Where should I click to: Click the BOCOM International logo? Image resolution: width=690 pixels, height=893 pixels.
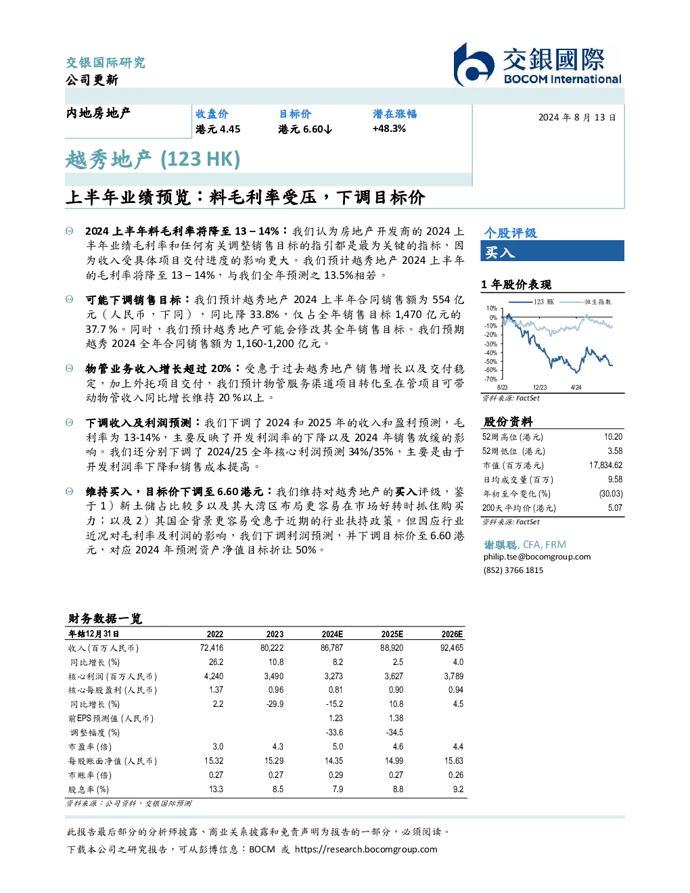(x=538, y=64)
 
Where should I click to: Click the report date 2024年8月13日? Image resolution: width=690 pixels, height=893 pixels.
(x=577, y=118)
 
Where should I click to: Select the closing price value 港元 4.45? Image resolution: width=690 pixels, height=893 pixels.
(x=218, y=129)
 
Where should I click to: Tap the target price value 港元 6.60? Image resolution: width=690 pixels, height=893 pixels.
(x=304, y=129)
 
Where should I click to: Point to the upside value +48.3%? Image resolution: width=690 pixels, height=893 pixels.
(x=389, y=129)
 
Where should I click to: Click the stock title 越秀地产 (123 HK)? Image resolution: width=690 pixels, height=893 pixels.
(x=152, y=159)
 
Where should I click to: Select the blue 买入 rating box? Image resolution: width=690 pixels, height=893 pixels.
(x=552, y=251)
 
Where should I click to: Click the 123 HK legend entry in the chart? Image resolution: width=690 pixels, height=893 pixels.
(x=532, y=302)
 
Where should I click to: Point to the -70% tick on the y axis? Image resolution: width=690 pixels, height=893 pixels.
(x=491, y=379)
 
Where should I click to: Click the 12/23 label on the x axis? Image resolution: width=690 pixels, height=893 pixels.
(x=540, y=388)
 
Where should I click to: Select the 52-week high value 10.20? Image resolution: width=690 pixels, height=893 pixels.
(x=613, y=437)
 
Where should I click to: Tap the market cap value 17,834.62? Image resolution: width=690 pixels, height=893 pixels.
(x=605, y=465)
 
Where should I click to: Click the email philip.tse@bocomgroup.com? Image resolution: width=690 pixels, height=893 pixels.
(x=536, y=557)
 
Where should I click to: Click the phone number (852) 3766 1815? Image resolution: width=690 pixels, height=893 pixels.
(x=513, y=570)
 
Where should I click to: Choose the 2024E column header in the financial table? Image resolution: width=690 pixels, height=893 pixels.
(x=332, y=634)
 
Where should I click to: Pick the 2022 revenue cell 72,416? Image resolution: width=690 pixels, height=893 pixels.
(x=212, y=648)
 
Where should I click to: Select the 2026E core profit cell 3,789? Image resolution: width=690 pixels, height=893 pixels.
(x=453, y=677)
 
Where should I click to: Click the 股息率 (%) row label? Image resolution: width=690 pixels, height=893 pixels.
(x=89, y=789)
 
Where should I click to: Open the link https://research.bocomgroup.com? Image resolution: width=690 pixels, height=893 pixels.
(x=366, y=850)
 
